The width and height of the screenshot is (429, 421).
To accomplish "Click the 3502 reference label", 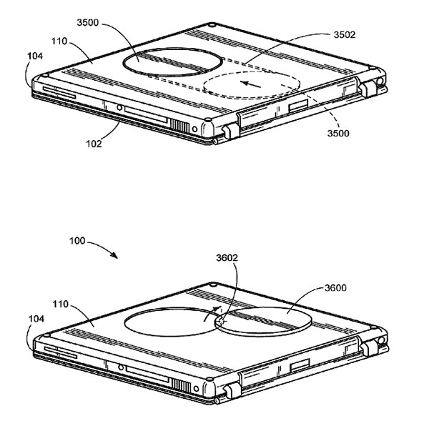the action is click(344, 35).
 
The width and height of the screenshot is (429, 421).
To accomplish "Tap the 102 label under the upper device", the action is click(94, 144).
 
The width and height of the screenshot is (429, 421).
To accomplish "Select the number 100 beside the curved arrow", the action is click(77, 241).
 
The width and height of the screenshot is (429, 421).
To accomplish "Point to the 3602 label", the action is click(227, 258).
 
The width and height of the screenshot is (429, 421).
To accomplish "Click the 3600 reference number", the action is click(335, 288).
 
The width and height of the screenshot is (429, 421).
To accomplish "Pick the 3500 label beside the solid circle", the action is click(87, 22).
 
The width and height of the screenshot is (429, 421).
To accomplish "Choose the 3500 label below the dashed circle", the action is click(338, 133).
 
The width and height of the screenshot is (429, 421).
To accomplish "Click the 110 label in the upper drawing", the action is click(59, 41).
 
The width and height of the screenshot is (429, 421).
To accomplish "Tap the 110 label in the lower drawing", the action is click(60, 304).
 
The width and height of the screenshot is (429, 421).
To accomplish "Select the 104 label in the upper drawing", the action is click(35, 56).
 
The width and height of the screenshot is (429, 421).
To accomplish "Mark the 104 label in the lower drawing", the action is click(36, 319).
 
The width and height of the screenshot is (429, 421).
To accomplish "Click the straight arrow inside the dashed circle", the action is click(251, 84).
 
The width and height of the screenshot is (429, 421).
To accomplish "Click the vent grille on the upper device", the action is click(179, 127).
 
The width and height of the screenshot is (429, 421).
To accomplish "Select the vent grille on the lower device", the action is click(181, 386).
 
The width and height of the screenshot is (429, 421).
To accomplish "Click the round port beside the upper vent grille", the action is click(194, 129).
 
